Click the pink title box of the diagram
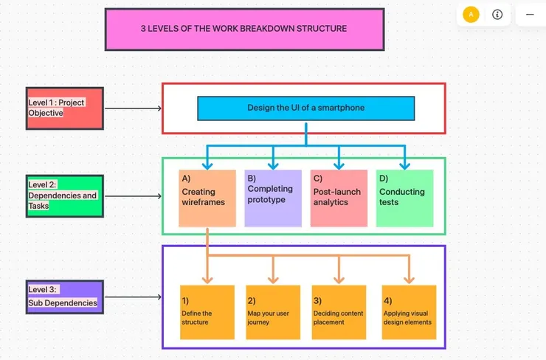tap(244, 30)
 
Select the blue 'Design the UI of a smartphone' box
tap(305, 108)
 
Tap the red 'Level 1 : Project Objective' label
tap(65, 108)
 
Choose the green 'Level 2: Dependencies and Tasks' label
tap(65, 195)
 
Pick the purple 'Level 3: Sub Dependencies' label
tap(65, 297)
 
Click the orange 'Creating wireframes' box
tap(207, 198)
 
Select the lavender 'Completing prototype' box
tap(273, 198)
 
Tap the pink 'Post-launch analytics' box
tap(339, 198)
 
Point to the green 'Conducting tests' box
tap(404, 198)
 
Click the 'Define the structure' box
tap(207, 312)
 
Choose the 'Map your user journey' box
tap(273, 312)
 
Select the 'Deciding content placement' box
tap(339, 312)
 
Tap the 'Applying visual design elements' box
tap(409, 312)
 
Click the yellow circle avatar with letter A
tap(471, 14)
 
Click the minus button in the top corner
tap(529, 14)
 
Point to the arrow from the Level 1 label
tap(133, 108)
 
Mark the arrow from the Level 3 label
tap(133, 297)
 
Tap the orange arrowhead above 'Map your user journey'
tap(273, 279)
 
